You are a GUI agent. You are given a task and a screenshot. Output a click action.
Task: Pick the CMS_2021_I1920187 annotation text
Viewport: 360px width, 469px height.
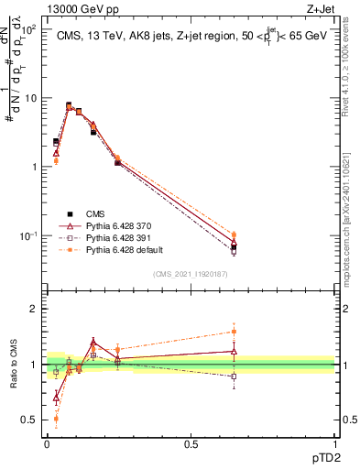click(x=190, y=273)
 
